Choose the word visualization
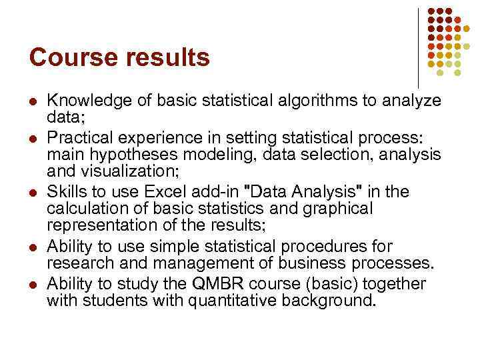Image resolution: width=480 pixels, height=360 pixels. pos(129,173)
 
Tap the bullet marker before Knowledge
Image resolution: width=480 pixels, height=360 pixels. pos(33,102)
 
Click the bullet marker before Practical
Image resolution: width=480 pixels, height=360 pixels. pos(33,139)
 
